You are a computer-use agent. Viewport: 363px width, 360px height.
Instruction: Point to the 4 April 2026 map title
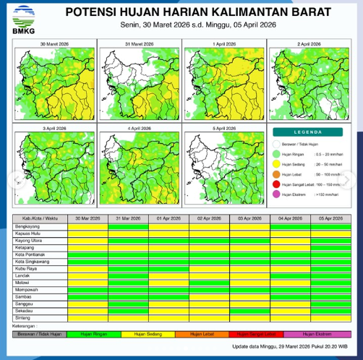(x=140, y=129)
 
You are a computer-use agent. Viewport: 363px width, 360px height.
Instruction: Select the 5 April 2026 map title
(x=225, y=129)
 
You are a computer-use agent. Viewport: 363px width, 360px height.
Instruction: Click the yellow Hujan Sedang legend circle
(x=277, y=164)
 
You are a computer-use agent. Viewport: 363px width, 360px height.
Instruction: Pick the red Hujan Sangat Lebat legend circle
(x=277, y=184)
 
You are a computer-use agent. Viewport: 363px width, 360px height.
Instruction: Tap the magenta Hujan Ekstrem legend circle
(x=277, y=194)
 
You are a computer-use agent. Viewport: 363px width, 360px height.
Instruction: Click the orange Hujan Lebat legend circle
(x=277, y=174)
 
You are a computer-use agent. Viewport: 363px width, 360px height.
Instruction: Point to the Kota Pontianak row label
(x=31, y=254)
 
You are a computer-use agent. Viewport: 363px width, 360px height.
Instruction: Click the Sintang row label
(x=22, y=317)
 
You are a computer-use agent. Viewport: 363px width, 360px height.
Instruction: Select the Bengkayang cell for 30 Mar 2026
(x=87, y=226)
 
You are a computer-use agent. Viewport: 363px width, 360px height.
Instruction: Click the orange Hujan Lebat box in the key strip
(x=195, y=333)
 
